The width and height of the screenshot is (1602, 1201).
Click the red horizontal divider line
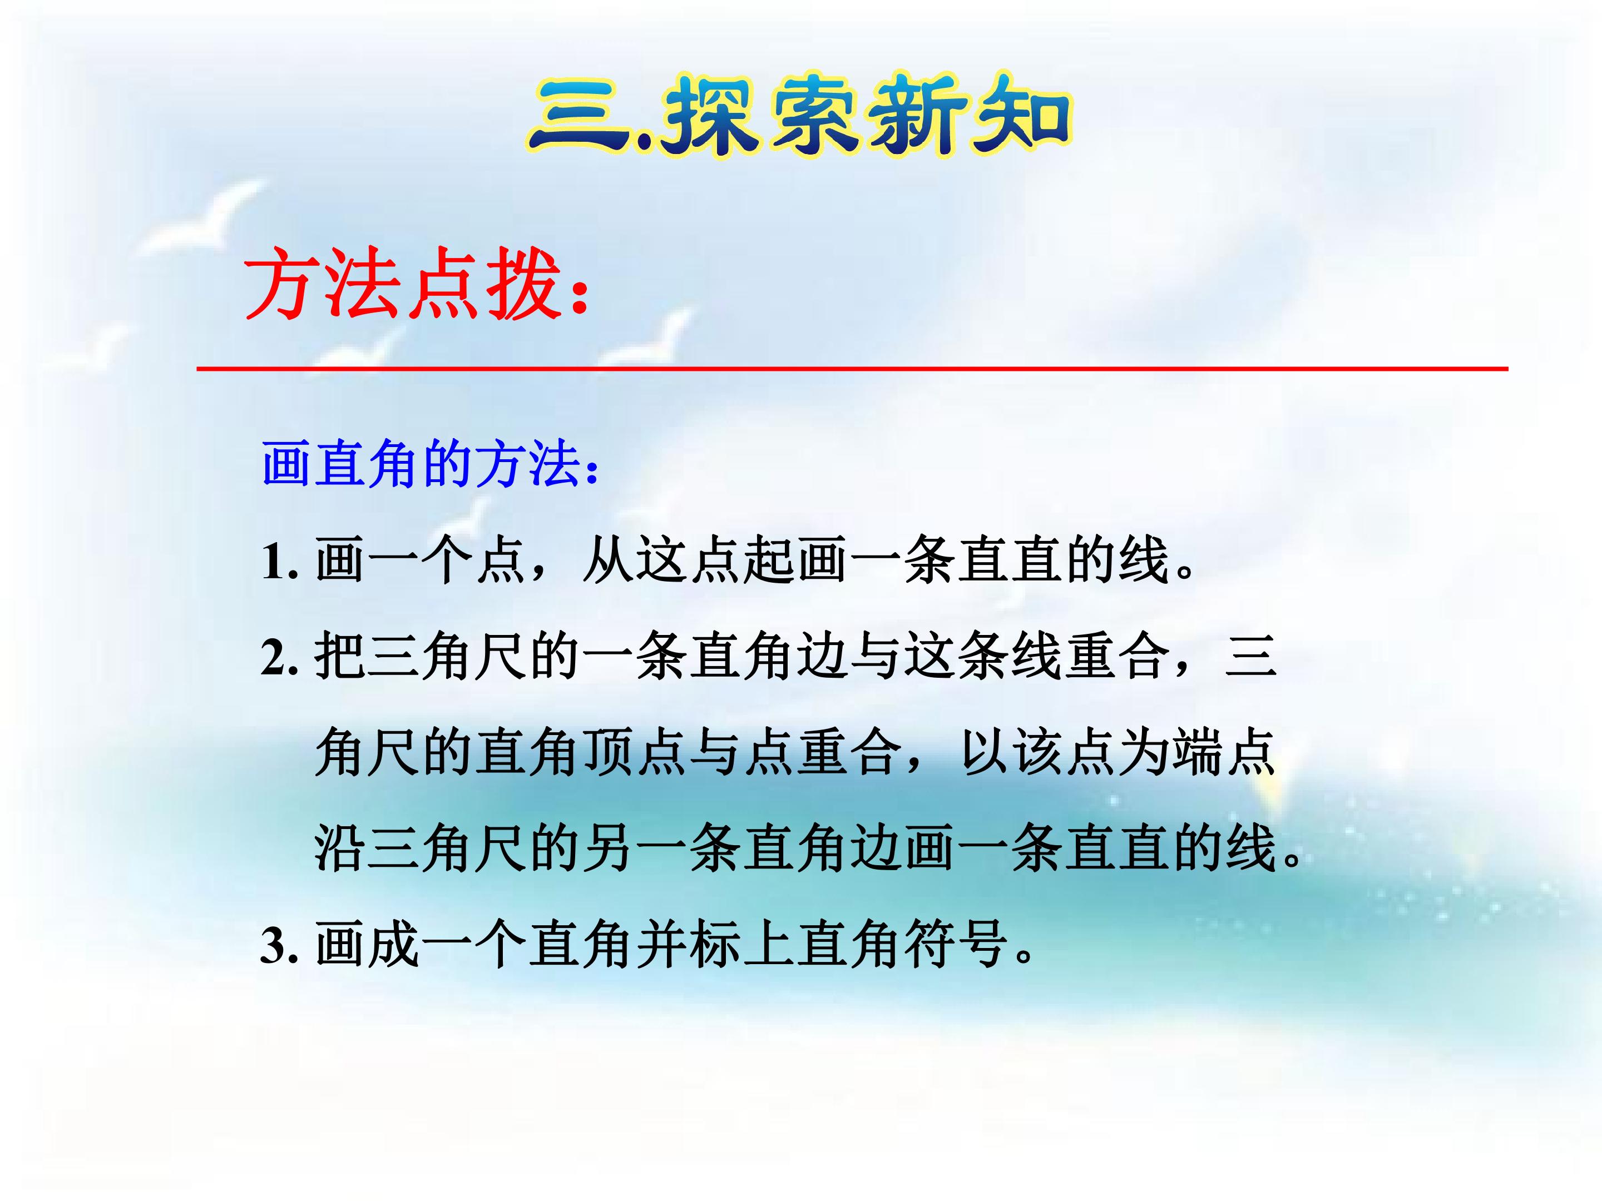click(852, 369)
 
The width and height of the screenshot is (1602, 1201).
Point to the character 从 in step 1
click(609, 561)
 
